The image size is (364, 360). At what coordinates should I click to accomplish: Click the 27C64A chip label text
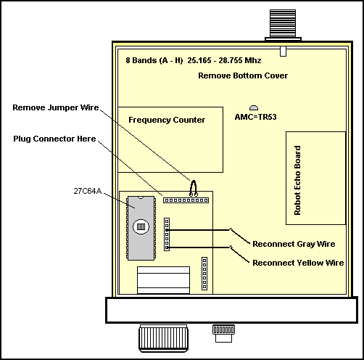pyautogui.click(x=87, y=191)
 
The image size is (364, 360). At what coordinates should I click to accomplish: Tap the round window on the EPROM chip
pyautogui.click(x=141, y=226)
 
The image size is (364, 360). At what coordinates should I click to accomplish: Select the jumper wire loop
pyautogui.click(x=194, y=188)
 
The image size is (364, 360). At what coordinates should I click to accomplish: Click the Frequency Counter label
pyautogui.click(x=167, y=120)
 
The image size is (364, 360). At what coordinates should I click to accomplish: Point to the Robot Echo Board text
pyautogui.click(x=297, y=180)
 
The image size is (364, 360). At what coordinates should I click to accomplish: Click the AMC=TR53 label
pyautogui.click(x=255, y=117)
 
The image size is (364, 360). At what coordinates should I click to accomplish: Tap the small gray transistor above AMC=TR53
pyautogui.click(x=254, y=107)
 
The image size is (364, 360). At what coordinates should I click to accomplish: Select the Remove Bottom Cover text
pyautogui.click(x=243, y=75)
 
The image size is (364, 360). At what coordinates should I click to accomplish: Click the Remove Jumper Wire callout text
pyautogui.click(x=56, y=107)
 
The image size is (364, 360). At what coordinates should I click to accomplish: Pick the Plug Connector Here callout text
pyautogui.click(x=54, y=139)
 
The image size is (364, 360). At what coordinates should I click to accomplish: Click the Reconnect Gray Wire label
pyautogui.click(x=294, y=244)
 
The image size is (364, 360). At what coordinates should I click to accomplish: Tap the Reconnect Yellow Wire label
pyautogui.click(x=298, y=263)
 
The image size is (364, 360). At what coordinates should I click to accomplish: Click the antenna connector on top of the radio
pyautogui.click(x=283, y=25)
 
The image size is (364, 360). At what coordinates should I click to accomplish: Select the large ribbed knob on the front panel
pyautogui.click(x=163, y=338)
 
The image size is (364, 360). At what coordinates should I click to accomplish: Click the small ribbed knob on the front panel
pyautogui.click(x=223, y=333)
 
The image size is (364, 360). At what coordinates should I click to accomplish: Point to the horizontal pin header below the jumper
pyautogui.click(x=186, y=200)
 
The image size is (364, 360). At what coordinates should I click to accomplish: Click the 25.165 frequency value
pyautogui.click(x=199, y=60)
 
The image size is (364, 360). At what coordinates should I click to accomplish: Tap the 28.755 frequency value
pyautogui.click(x=231, y=60)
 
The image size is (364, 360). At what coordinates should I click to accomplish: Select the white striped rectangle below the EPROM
pyautogui.click(x=163, y=280)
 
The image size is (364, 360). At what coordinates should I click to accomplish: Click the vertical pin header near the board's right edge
pyautogui.click(x=204, y=274)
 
